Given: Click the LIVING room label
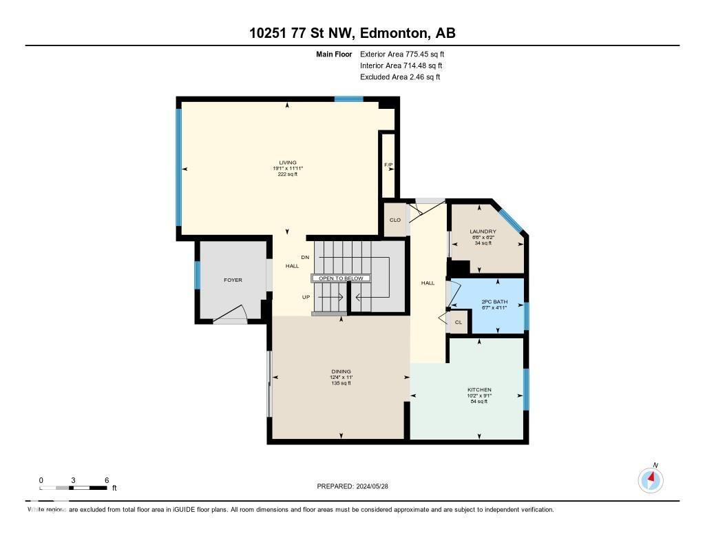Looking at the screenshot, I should pos(287,163).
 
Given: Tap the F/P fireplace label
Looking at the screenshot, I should pos(388,165).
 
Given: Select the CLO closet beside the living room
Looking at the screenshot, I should pos(395,220).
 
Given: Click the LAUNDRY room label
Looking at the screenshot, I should pos(483,232).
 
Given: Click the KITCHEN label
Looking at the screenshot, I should pos(479,390).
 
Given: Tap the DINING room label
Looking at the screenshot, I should pos(341,371).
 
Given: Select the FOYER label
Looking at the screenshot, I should pos(233,280).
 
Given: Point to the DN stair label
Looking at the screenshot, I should pos(306,257).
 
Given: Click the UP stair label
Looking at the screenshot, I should pos(306,298).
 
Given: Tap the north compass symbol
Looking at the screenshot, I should pos(651,480).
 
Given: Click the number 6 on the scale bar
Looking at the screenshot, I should pos(107,480).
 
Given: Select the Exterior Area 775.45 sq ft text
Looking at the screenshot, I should pos(407,54).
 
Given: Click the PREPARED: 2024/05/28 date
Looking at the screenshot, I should pos(357,486).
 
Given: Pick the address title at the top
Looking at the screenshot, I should pos(352,33).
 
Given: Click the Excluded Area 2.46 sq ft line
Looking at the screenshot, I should pos(400,77).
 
